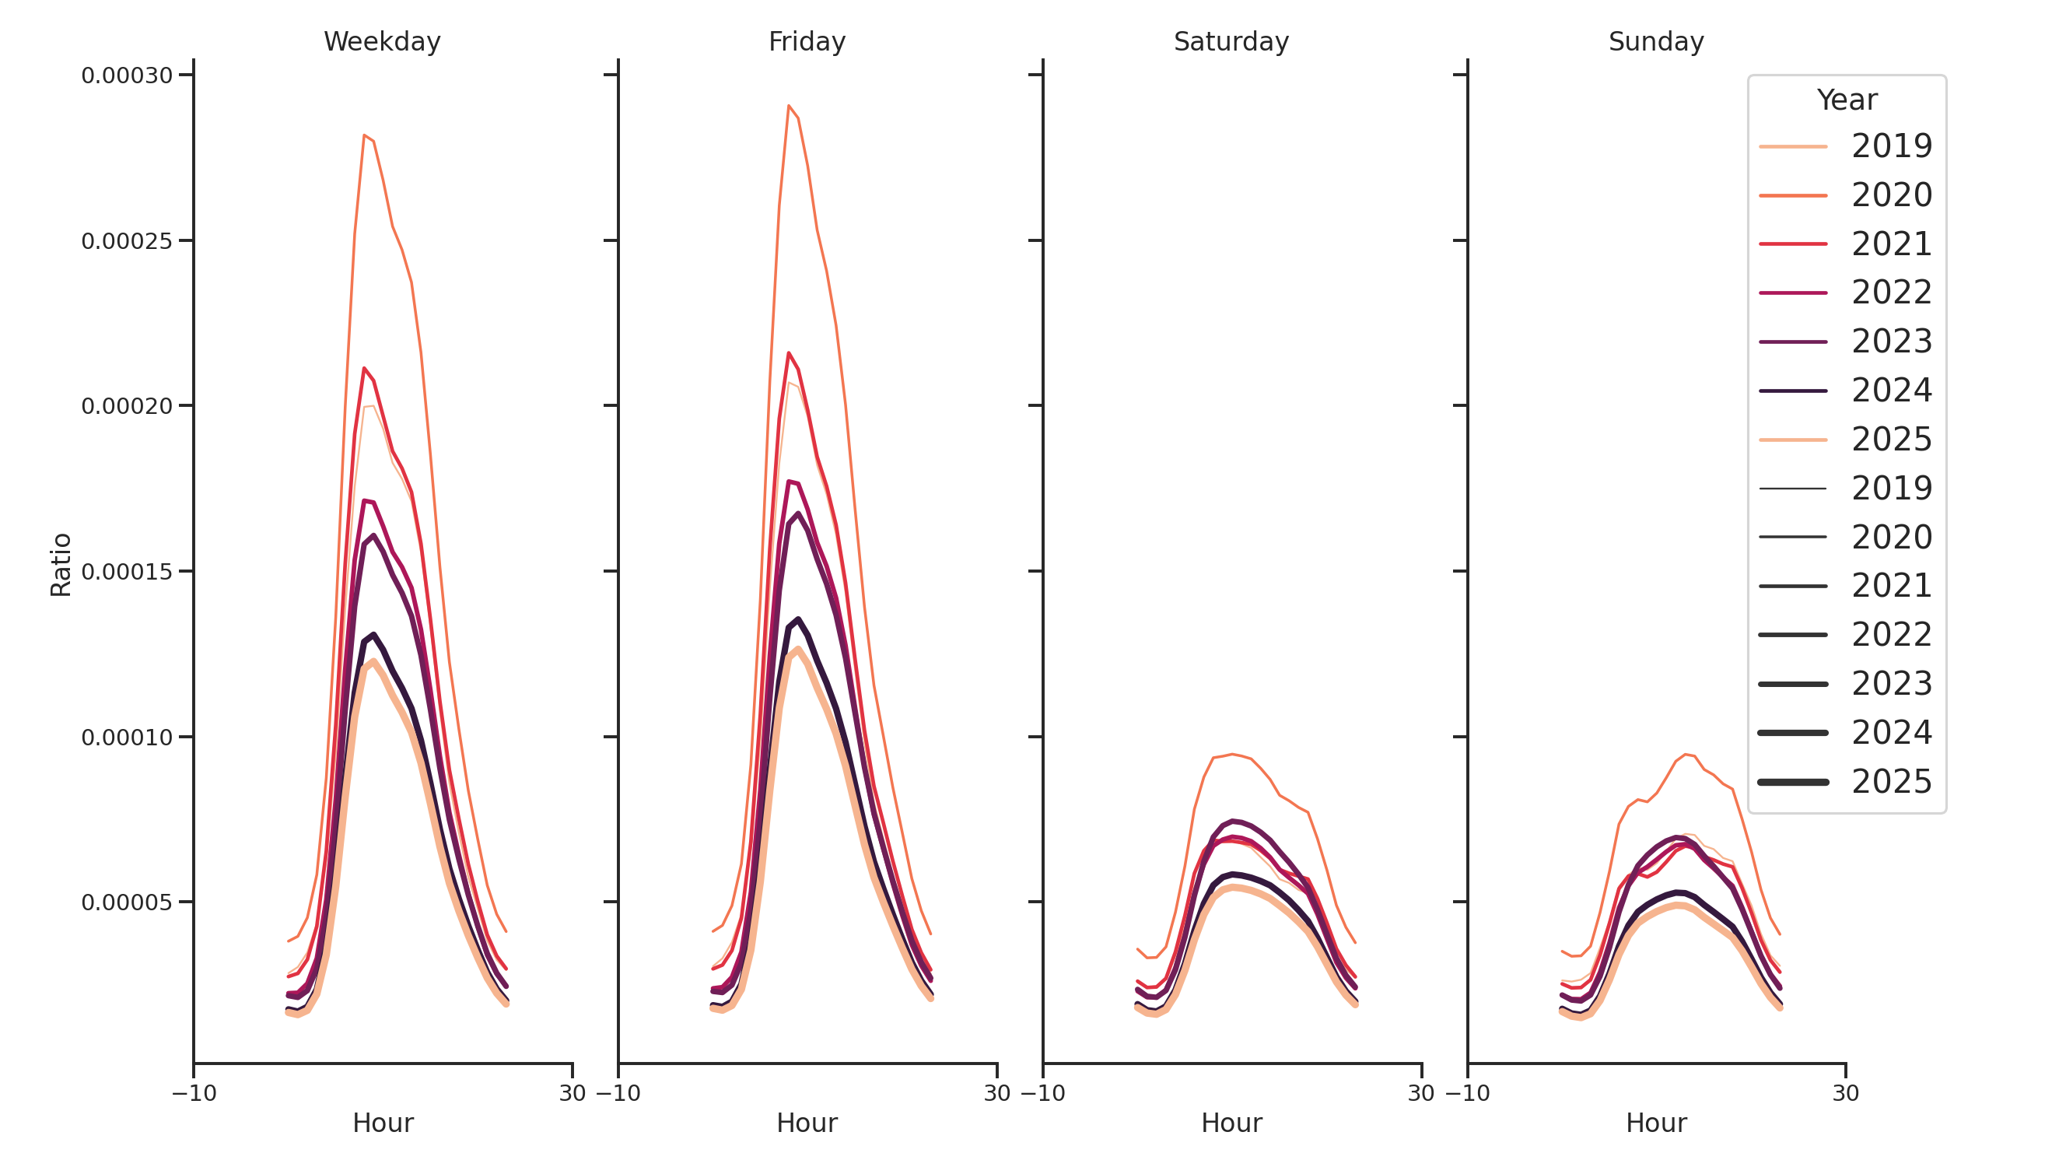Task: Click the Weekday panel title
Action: (382, 42)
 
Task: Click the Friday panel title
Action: (806, 42)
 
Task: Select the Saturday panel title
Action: (1231, 42)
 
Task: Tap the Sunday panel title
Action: (1655, 42)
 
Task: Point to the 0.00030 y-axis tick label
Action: (127, 76)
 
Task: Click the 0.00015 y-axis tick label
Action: (127, 572)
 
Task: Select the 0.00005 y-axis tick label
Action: (127, 903)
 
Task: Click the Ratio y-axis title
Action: (61, 565)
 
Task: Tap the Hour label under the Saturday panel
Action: (1231, 1123)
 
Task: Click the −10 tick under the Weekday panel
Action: (194, 1093)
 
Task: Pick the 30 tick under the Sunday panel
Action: (1844, 1093)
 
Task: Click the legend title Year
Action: (1846, 100)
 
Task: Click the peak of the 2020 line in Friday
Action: (789, 106)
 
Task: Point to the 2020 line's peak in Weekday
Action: (364, 135)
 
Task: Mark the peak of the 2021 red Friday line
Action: (789, 353)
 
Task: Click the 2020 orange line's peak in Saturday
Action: (1231, 754)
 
